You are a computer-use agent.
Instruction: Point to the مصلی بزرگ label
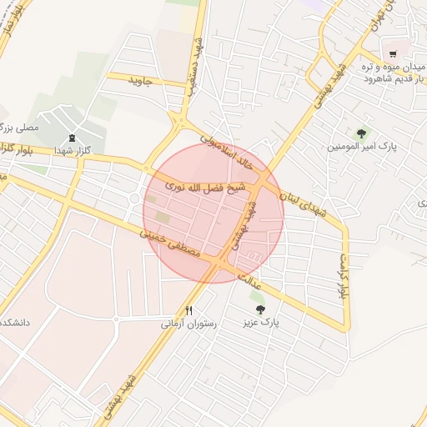coord(18,128)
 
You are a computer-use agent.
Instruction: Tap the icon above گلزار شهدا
coord(72,138)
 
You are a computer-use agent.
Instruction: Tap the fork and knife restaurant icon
coord(189,310)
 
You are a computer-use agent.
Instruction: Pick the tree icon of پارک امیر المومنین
coord(361,133)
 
